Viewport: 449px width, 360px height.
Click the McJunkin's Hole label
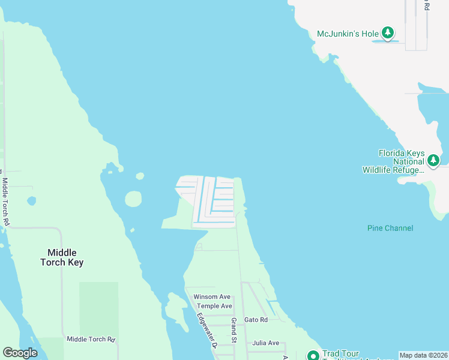pyautogui.click(x=346, y=34)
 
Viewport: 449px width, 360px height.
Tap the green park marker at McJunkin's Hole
pyautogui.click(x=388, y=32)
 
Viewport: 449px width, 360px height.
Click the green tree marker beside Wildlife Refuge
pyautogui.click(x=433, y=161)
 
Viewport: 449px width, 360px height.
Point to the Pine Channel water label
pyautogui.click(x=390, y=228)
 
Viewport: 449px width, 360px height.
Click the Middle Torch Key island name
pyautogui.click(x=62, y=257)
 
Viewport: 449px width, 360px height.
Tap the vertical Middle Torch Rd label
pyautogui.click(x=6, y=202)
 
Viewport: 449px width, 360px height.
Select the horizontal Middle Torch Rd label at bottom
pyautogui.click(x=90, y=339)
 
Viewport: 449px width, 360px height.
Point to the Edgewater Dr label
pyautogui.click(x=207, y=329)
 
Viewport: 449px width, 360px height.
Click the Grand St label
pyautogui.click(x=234, y=331)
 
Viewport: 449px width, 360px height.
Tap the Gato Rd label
pyautogui.click(x=256, y=320)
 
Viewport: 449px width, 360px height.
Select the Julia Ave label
pyautogui.click(x=266, y=343)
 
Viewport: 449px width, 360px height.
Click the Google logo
pyautogui.click(x=20, y=353)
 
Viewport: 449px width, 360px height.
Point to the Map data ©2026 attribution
pyautogui.click(x=423, y=355)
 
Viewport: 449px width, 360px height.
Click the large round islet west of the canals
pyautogui.click(x=133, y=199)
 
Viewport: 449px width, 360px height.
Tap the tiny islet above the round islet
pyautogui.click(x=140, y=176)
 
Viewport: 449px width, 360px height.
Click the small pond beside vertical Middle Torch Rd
pyautogui.click(x=31, y=201)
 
